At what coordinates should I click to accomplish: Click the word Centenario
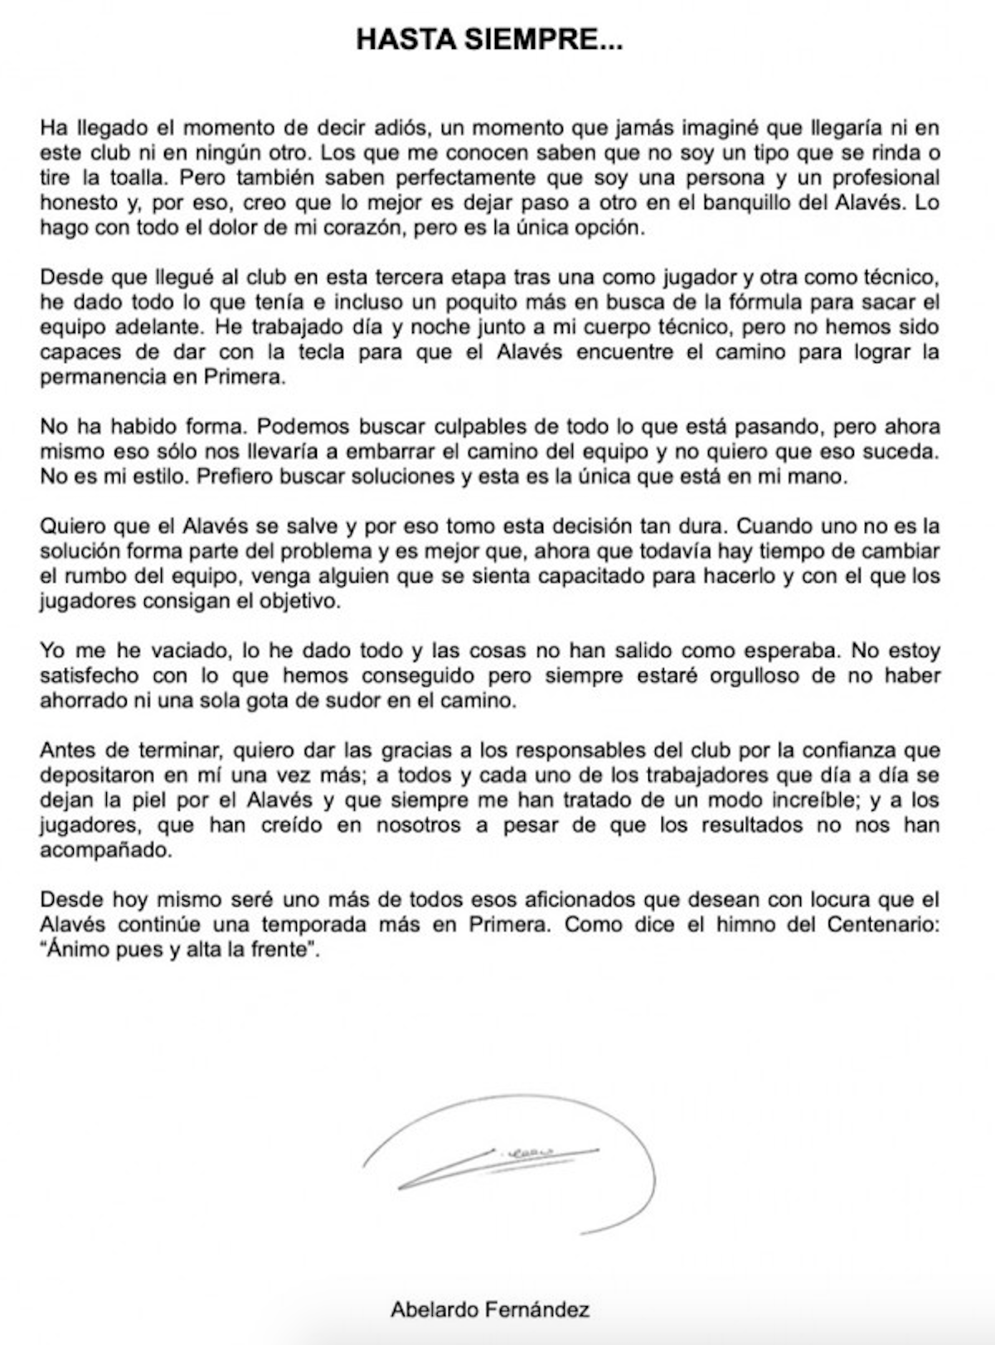884,925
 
